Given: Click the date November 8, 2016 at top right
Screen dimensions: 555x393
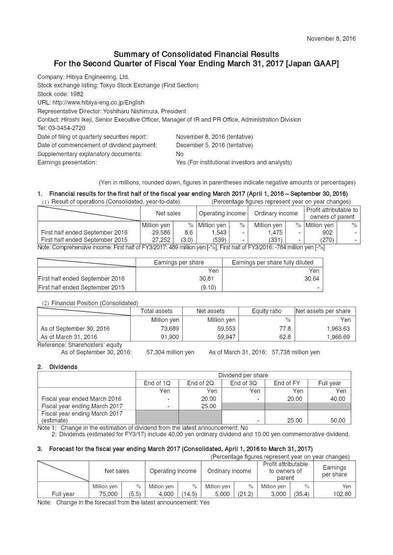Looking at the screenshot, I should coord(331,38).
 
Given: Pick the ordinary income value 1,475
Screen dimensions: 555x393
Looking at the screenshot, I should coord(273,232).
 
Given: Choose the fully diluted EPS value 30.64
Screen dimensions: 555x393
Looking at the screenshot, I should coord(309,279).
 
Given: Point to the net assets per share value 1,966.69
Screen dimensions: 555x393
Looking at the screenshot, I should coord(338,337).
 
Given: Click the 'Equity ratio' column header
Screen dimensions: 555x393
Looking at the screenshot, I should coord(267,311).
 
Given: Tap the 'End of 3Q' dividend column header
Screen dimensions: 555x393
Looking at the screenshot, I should coord(243,383).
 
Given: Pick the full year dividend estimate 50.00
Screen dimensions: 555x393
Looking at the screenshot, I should coord(335,420).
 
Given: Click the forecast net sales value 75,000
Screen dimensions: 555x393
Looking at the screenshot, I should coord(108,494).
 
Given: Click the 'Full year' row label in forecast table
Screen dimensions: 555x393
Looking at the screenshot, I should coord(63,494).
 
